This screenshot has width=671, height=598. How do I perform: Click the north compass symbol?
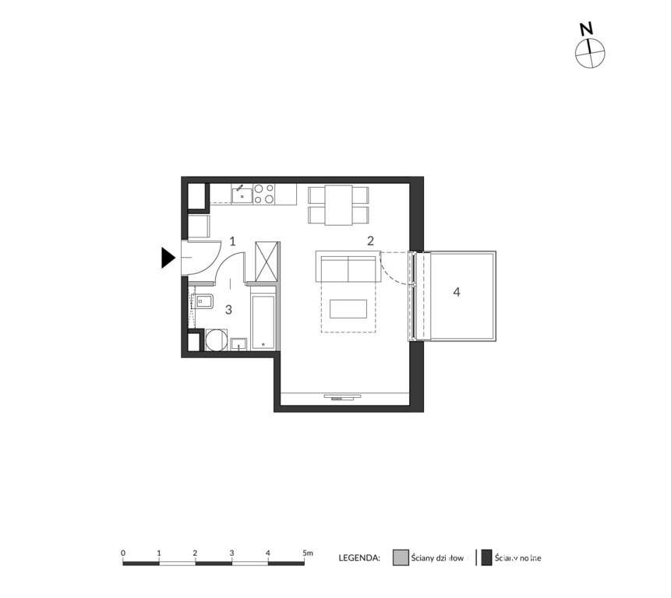590,52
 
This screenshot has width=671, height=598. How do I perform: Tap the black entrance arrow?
168,258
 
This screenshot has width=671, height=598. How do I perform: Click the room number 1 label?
232,242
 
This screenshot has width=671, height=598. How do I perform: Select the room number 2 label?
371,241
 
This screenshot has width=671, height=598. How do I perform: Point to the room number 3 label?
228,309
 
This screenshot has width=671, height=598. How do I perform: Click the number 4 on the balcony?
457,292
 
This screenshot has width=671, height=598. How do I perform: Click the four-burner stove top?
263,193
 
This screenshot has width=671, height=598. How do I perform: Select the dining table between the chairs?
338,204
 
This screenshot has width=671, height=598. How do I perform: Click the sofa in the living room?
347,267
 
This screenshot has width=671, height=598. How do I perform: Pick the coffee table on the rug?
348,309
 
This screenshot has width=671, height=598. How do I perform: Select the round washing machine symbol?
216,340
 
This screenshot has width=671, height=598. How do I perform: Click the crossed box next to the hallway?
267,261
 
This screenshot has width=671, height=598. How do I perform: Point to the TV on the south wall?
342,396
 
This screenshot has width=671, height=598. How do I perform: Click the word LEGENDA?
359,558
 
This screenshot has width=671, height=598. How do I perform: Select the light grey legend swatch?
400,558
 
